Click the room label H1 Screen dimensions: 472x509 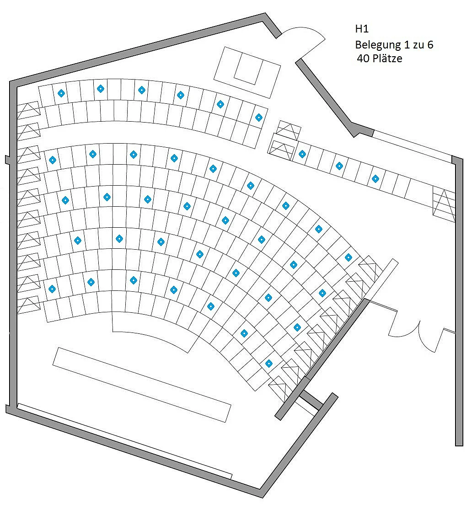point(362,29)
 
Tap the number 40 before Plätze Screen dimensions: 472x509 point(363,59)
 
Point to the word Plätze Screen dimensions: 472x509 point(387,58)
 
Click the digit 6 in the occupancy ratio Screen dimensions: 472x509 point(430,44)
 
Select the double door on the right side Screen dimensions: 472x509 point(417,331)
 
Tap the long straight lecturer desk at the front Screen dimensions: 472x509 point(142,385)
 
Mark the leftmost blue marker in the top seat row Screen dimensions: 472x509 point(61,93)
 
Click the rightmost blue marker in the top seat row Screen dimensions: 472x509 point(259,118)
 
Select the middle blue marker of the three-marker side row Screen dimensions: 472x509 point(339,166)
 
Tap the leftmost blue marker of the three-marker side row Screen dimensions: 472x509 point(302,154)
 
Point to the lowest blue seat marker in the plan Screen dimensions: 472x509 point(269,364)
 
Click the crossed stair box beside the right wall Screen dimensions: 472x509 point(444,205)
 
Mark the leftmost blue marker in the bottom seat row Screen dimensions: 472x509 point(52,289)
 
